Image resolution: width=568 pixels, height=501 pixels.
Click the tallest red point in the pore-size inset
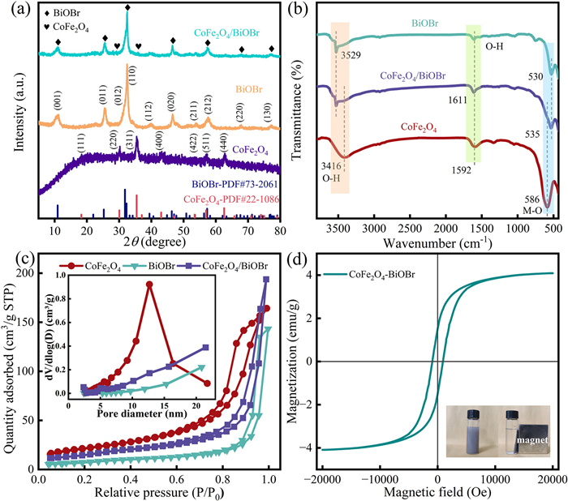[x=149, y=306]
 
